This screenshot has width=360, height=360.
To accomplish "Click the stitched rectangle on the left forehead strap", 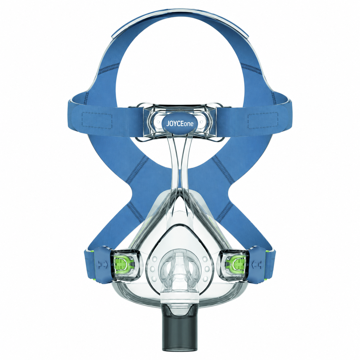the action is pyautogui.click(x=97, y=121).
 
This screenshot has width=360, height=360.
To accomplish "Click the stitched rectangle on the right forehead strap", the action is pyautogui.click(x=263, y=121).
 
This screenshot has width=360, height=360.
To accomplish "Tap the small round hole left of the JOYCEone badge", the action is pyautogui.click(x=158, y=122).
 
